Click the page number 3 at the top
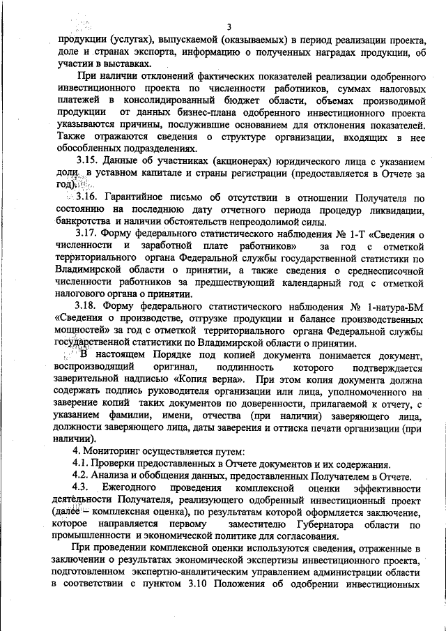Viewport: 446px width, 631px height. pos(229,26)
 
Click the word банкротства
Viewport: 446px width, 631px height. pos(83,222)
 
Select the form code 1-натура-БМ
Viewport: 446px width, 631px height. pos(387,307)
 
